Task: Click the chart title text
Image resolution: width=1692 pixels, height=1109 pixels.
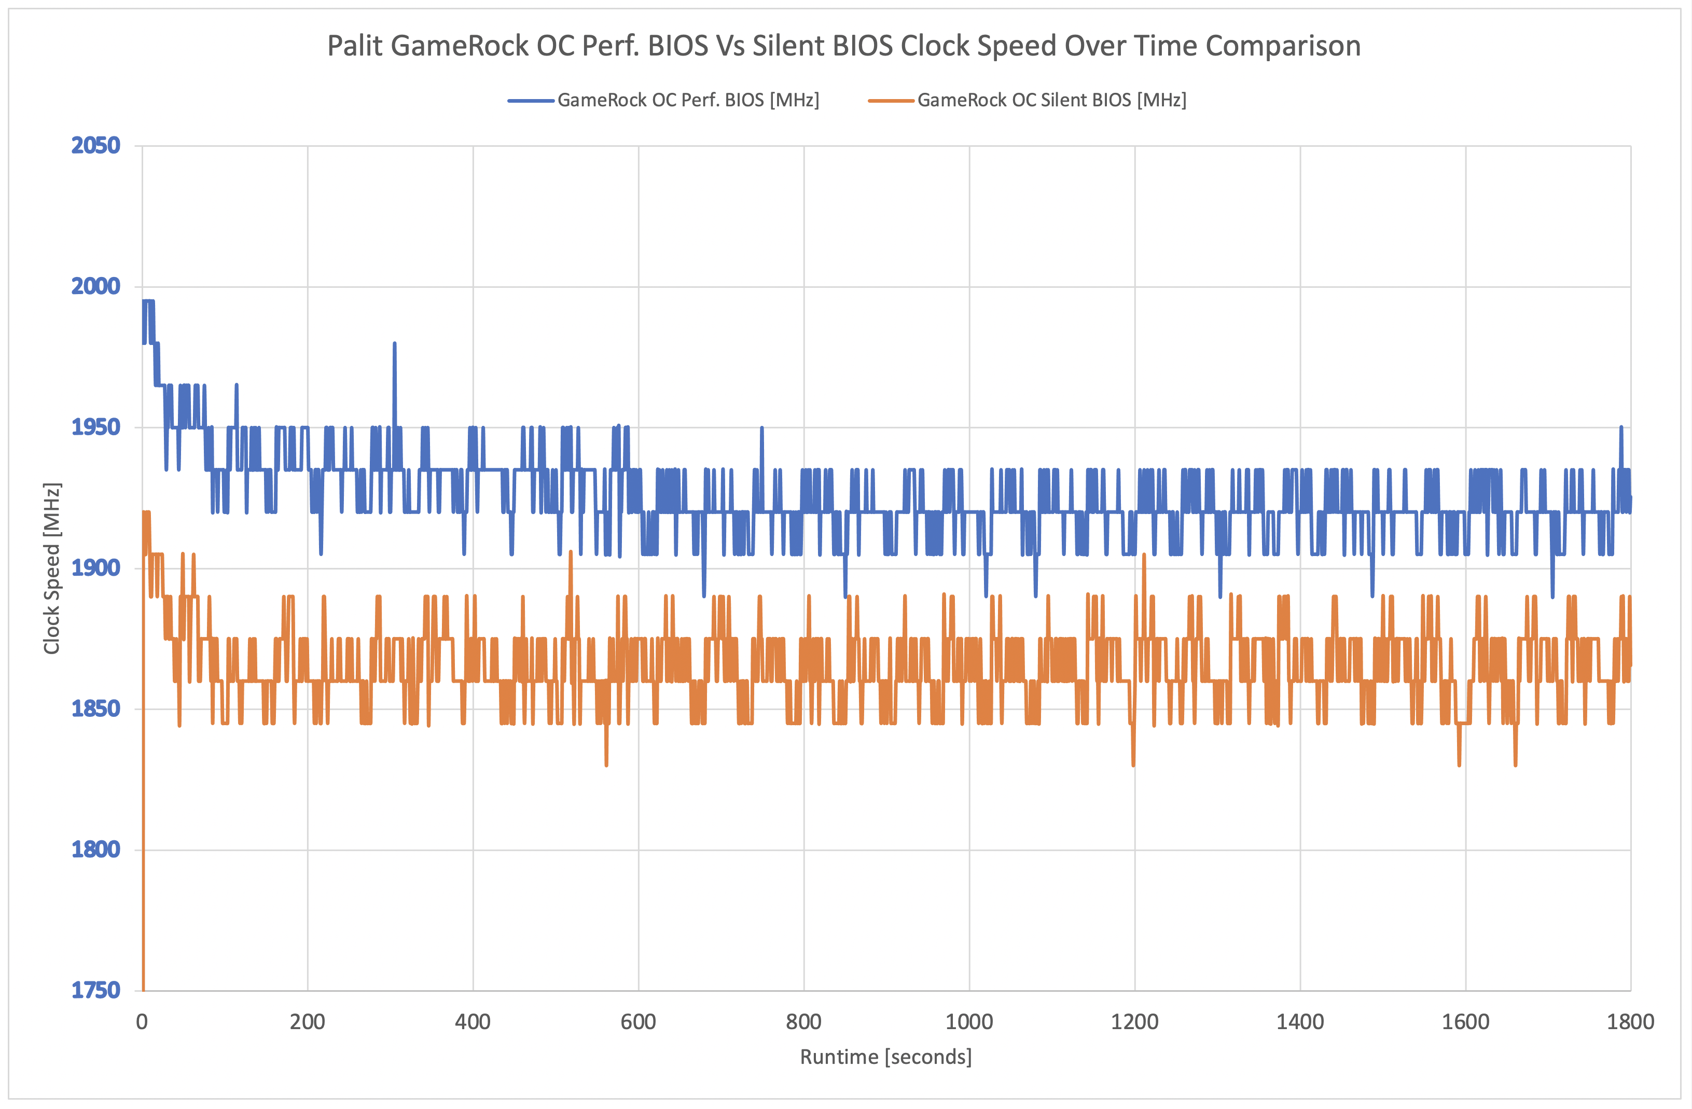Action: pos(843,46)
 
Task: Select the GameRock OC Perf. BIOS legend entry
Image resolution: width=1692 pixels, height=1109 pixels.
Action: pos(687,100)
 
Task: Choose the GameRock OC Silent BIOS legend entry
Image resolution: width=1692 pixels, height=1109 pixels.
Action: pos(1051,100)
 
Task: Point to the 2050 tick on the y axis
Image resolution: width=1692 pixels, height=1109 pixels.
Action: pos(95,146)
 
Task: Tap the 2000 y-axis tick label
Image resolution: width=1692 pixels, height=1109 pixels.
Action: pos(95,286)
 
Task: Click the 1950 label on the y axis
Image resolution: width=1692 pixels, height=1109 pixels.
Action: pos(95,427)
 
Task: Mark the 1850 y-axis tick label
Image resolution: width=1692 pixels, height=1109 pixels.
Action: pos(95,709)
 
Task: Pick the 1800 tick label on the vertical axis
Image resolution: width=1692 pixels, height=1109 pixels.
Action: pos(95,850)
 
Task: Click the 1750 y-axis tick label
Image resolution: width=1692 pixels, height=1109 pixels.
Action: pos(95,990)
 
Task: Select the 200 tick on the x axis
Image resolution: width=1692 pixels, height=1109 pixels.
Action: pos(307,1022)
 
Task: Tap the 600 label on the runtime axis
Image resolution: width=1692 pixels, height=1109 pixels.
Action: pos(637,1022)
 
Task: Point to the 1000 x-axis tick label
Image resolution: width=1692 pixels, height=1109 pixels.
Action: pos(969,1022)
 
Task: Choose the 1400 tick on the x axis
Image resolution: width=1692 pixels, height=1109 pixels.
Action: pos(1299,1022)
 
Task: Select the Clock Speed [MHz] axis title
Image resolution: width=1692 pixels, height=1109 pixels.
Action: pos(52,569)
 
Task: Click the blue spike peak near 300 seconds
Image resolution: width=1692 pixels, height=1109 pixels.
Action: pos(395,344)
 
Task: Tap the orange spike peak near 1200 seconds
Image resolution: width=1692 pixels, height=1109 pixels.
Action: pos(1144,555)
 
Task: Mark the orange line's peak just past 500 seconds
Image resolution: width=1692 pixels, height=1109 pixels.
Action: pos(570,552)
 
